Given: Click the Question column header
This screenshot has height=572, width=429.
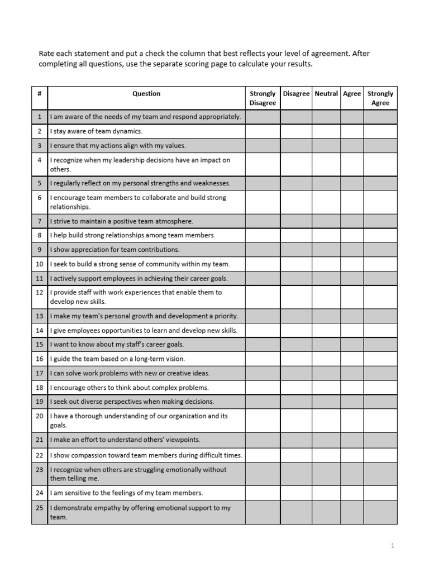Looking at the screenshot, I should click(146, 94).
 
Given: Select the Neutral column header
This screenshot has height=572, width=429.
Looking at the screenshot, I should click(326, 94).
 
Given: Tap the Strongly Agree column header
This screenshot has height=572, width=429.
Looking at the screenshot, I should click(380, 98).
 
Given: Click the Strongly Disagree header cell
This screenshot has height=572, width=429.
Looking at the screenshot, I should click(263, 98).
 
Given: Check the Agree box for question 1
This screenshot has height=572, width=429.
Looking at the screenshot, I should click(352, 117).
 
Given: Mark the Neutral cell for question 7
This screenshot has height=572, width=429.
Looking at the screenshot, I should click(326, 221).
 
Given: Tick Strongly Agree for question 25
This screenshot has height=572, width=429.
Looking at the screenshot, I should click(380, 512).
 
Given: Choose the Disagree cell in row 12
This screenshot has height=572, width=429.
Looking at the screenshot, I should click(296, 297).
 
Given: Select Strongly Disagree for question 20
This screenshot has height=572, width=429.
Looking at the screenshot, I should click(263, 421).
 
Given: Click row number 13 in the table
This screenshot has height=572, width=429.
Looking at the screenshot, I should click(40, 316).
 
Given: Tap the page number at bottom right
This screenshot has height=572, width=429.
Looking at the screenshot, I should click(393, 546).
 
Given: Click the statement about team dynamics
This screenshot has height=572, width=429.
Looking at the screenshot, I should click(96, 131).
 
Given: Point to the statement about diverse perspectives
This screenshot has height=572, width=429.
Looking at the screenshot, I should click(132, 401).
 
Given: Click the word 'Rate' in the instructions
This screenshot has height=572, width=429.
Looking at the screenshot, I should click(46, 54).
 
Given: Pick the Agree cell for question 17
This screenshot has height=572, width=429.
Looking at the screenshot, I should click(352, 373).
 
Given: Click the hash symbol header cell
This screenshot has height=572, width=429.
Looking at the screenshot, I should click(40, 94).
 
